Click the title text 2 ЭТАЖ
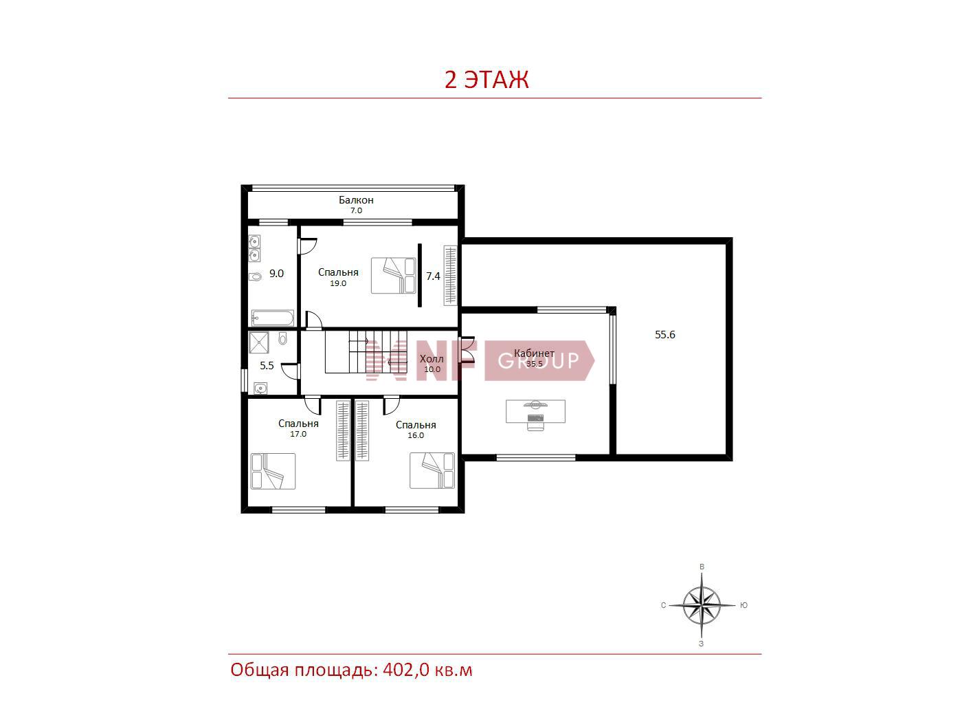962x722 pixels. click(x=486, y=80)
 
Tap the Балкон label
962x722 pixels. click(x=356, y=200)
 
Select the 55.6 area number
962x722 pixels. click(x=664, y=334)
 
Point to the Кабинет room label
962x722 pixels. click(x=534, y=353)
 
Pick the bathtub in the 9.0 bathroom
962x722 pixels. click(x=272, y=318)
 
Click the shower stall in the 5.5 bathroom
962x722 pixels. click(x=258, y=342)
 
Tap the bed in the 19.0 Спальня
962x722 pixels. click(x=393, y=275)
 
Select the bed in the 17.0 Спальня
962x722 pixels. click(x=273, y=471)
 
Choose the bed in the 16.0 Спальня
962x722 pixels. click(x=432, y=470)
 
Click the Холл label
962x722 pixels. click(x=432, y=358)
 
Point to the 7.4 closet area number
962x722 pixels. click(x=433, y=276)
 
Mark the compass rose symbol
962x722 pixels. click(x=702, y=605)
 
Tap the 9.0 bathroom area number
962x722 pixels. click(x=276, y=274)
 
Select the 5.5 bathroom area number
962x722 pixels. click(x=267, y=366)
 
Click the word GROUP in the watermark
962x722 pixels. click(x=538, y=360)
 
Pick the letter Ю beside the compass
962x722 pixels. click(x=743, y=605)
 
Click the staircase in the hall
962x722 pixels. click(x=366, y=352)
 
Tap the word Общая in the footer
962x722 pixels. click(x=260, y=670)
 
